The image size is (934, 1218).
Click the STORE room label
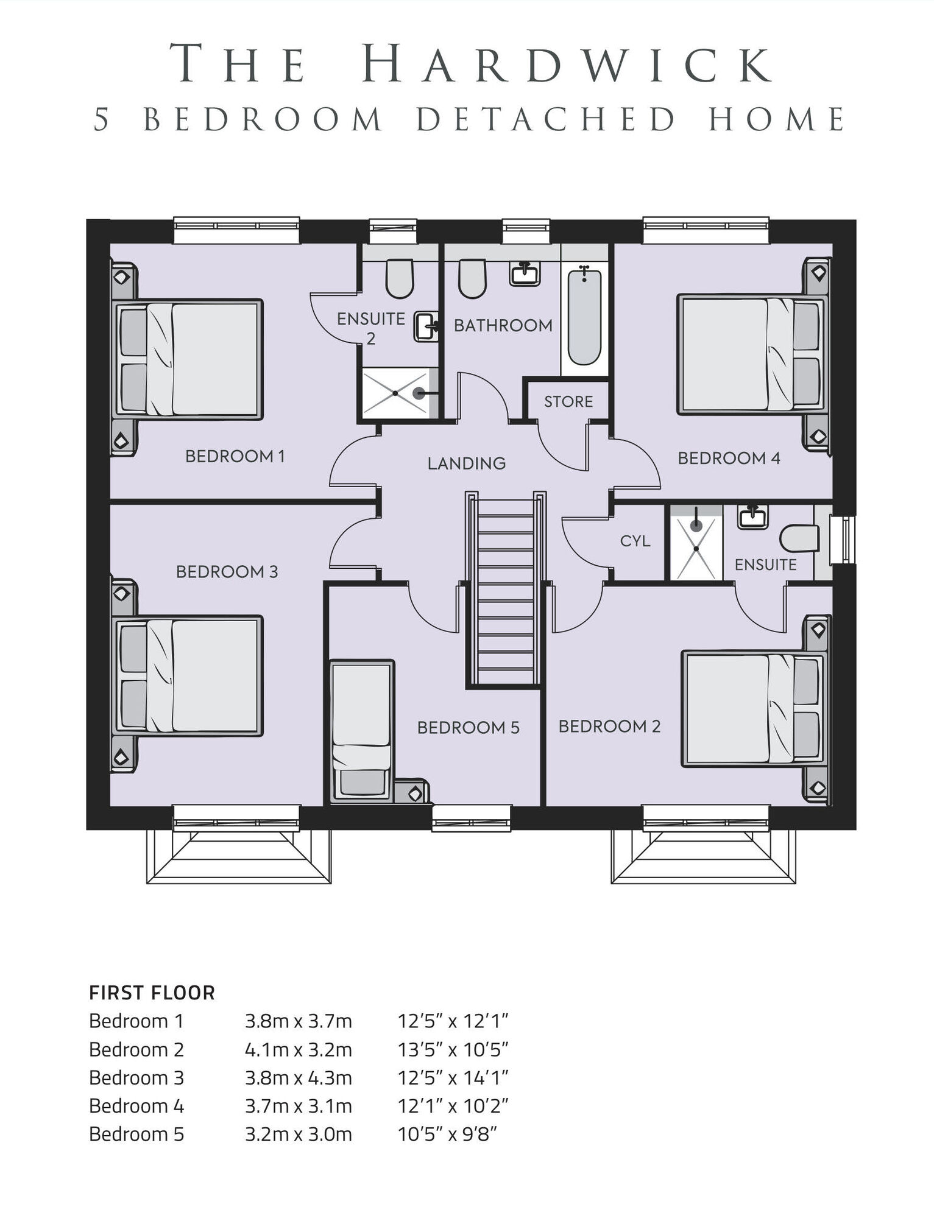(568, 402)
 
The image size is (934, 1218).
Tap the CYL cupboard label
(635, 541)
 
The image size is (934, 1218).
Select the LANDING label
(467, 463)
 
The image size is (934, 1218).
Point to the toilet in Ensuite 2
(400, 278)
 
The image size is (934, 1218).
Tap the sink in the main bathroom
(525, 273)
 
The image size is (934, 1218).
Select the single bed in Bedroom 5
(363, 731)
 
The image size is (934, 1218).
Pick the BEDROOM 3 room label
(227, 572)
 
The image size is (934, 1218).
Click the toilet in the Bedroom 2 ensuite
(799, 538)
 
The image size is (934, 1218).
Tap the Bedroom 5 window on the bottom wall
(472, 818)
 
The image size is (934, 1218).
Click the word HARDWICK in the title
(568, 63)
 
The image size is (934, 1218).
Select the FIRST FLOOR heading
(152, 993)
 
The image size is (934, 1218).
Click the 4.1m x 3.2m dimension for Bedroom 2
(299, 1049)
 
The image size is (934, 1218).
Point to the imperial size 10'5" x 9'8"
(448, 1134)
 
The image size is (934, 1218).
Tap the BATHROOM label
(503, 326)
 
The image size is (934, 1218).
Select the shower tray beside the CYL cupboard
(696, 542)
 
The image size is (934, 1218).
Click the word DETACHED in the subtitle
(547, 119)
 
